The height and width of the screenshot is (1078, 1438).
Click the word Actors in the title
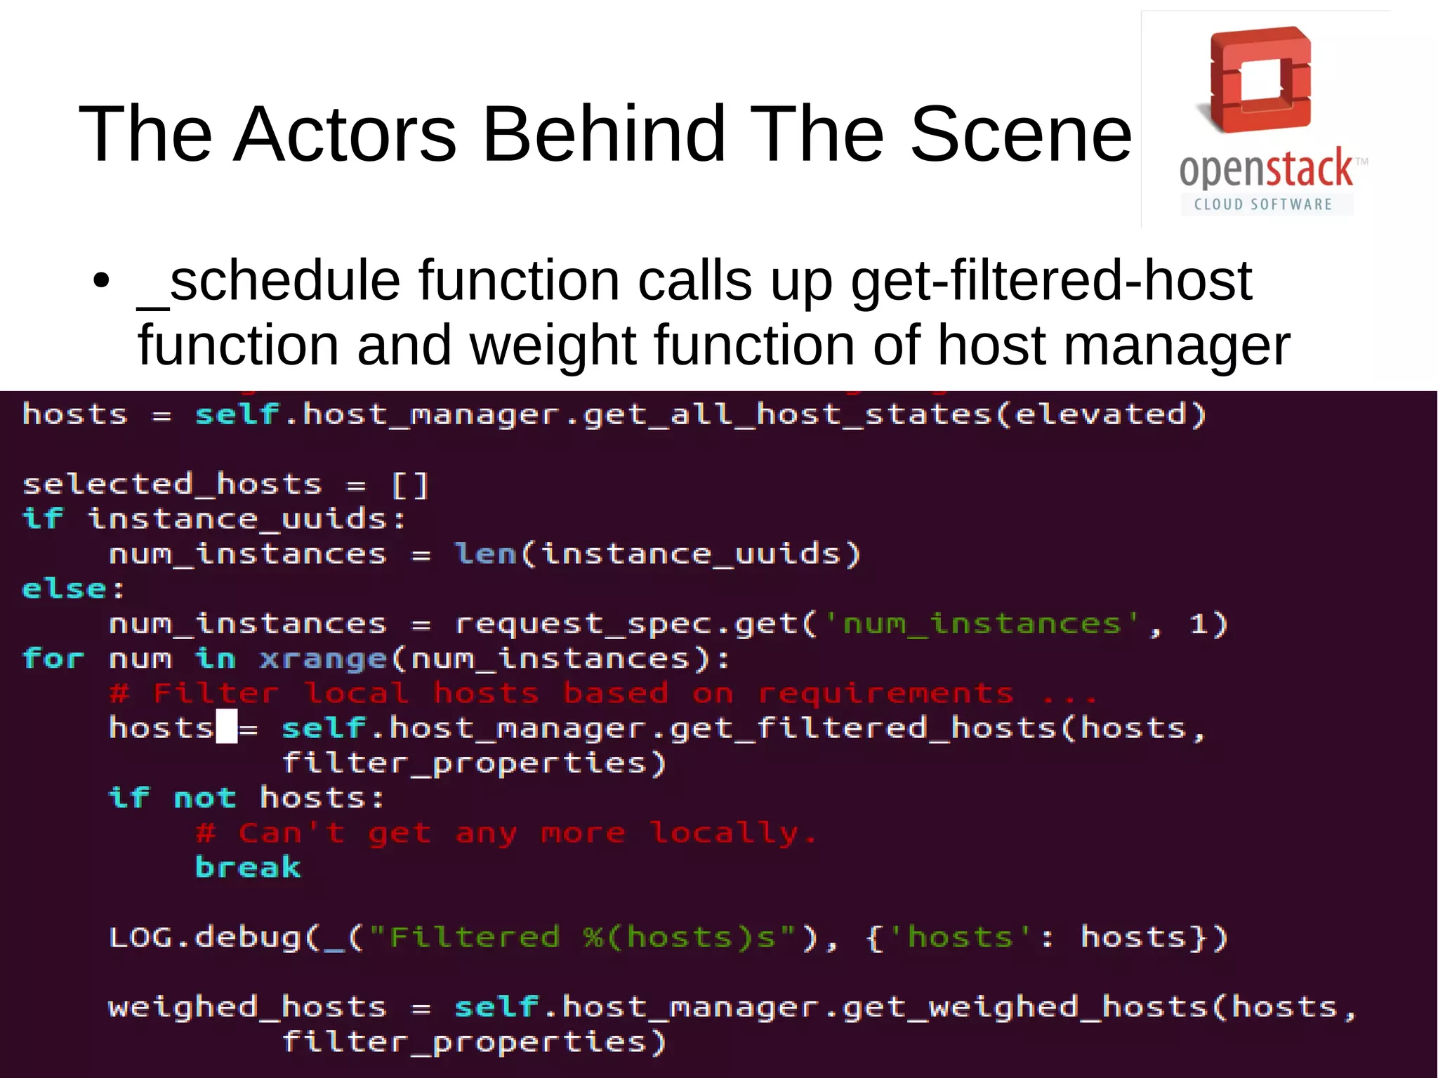(x=345, y=133)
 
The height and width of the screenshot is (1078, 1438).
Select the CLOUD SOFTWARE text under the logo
(x=1263, y=204)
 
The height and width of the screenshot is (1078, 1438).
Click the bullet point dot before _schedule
(x=102, y=281)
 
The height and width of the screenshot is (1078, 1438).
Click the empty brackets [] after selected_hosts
(x=409, y=485)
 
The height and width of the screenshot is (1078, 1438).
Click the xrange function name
(x=323, y=659)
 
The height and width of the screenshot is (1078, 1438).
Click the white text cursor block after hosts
(x=226, y=726)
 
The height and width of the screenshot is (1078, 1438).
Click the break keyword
(x=248, y=867)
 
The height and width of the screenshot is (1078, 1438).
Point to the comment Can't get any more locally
(x=506, y=833)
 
